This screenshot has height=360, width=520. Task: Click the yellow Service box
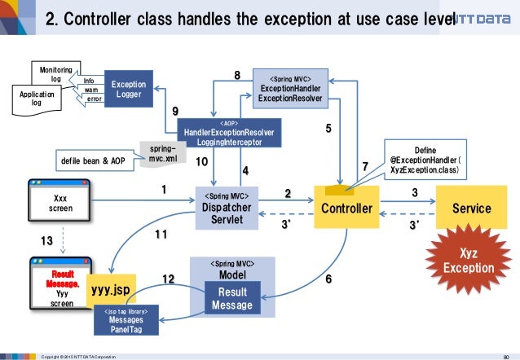pos(471,209)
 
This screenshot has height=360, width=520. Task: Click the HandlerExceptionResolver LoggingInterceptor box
pos(228,132)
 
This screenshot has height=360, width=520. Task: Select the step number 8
pos(237,76)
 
